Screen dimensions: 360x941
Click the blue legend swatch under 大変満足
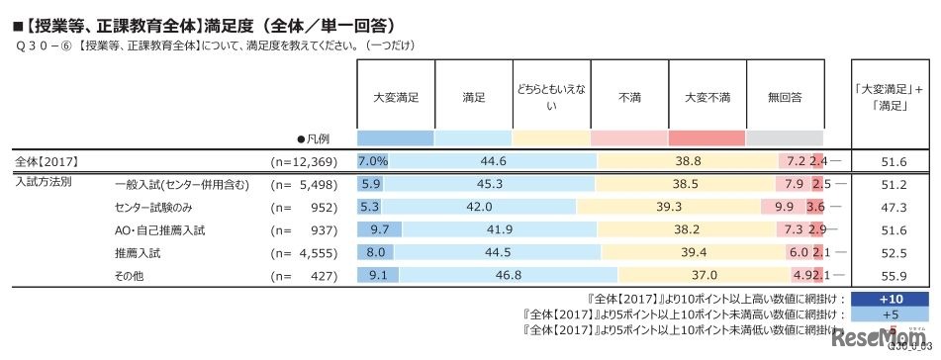(x=395, y=137)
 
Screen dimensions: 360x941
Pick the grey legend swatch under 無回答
(x=785, y=137)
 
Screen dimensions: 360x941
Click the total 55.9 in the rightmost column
(x=892, y=275)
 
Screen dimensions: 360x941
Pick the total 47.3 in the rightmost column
(x=892, y=207)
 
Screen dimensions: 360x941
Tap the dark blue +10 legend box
(x=891, y=298)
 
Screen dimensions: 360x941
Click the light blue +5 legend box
(x=891, y=314)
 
